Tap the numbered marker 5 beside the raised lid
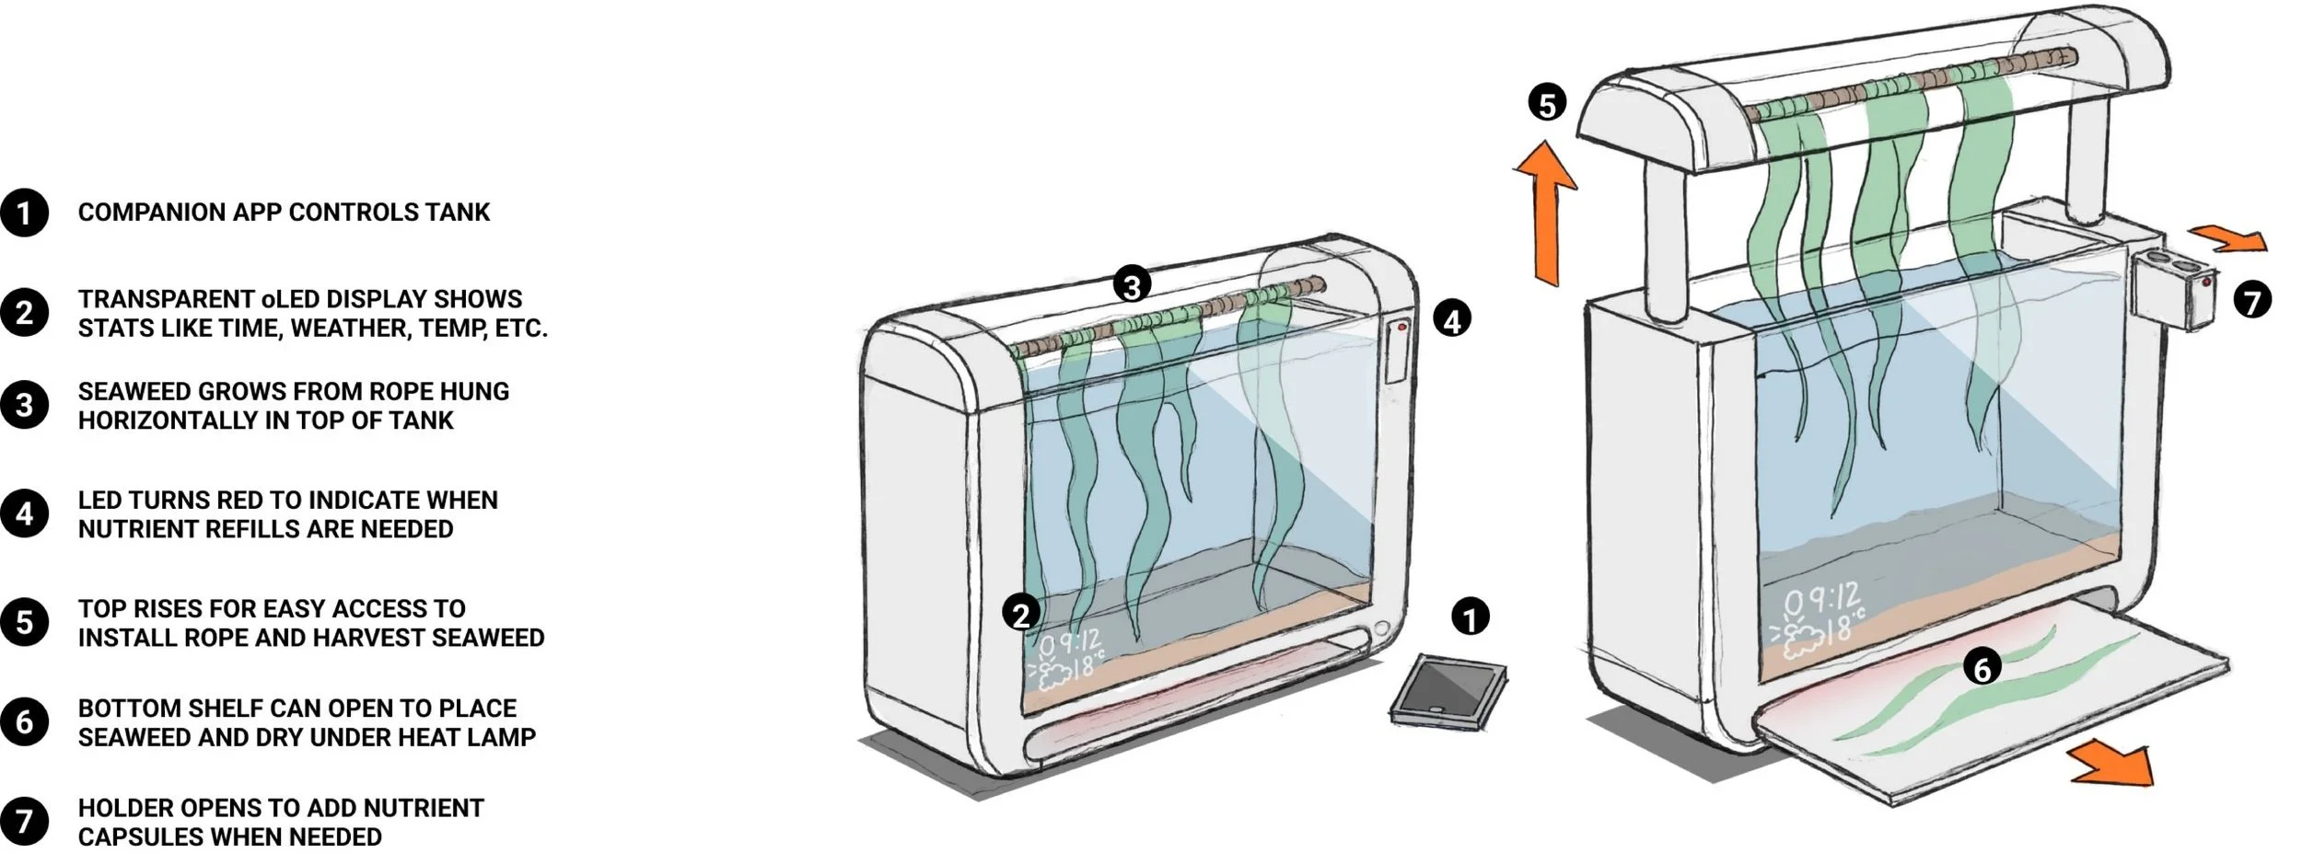pos(1547,103)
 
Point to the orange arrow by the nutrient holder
pos(2228,239)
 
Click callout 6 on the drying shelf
pos(1982,667)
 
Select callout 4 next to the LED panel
pos(1452,320)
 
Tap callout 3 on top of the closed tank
pos(1132,284)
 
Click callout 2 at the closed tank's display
pos(1021,614)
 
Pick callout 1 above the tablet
pos(1470,617)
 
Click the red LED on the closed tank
pos(1402,327)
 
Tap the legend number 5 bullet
pos(24,623)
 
